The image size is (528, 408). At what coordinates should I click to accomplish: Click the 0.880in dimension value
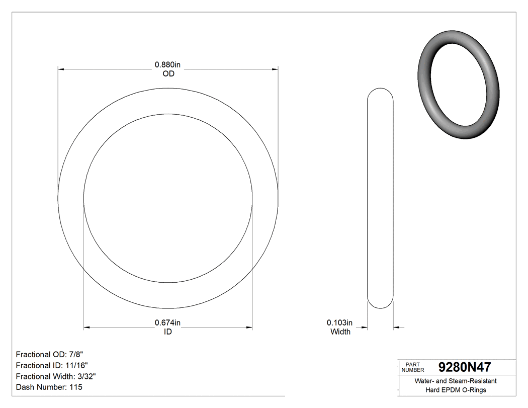(168, 64)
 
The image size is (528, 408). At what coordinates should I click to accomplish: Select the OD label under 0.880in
(168, 73)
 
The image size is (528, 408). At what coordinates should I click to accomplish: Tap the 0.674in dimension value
(168, 322)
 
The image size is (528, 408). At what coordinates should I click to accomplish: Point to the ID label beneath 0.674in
(168, 332)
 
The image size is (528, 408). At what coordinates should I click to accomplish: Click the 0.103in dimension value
(340, 322)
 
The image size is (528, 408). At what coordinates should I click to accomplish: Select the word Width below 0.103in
(340, 332)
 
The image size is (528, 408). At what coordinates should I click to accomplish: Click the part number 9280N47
(465, 367)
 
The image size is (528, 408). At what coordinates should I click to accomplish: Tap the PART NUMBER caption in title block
(413, 367)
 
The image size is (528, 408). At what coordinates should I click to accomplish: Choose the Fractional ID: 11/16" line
(53, 365)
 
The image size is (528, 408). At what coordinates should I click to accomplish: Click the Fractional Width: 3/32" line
(56, 376)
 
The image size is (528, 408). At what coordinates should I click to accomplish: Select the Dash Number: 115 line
(49, 387)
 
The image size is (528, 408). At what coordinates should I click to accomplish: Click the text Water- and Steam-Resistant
(456, 381)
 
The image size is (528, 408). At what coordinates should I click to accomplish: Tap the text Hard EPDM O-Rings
(456, 390)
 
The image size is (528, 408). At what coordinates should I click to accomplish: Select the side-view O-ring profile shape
(381, 198)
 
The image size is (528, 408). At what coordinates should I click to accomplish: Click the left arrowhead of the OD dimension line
(62, 69)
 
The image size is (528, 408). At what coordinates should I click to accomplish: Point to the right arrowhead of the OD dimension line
(275, 69)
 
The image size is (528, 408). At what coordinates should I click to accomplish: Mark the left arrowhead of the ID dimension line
(87, 328)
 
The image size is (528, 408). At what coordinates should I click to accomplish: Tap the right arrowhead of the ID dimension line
(249, 328)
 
